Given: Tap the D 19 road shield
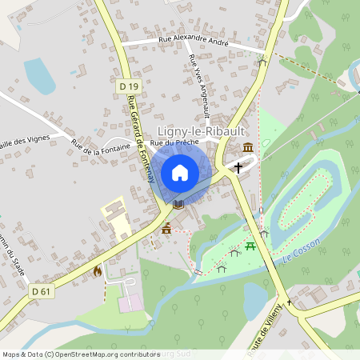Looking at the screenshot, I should tap(127, 86).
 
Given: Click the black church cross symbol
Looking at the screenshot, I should tap(238, 167).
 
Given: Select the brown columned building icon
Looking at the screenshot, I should tap(248, 147).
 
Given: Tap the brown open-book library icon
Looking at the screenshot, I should tap(178, 204).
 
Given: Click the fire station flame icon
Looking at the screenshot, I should tap(98, 271).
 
